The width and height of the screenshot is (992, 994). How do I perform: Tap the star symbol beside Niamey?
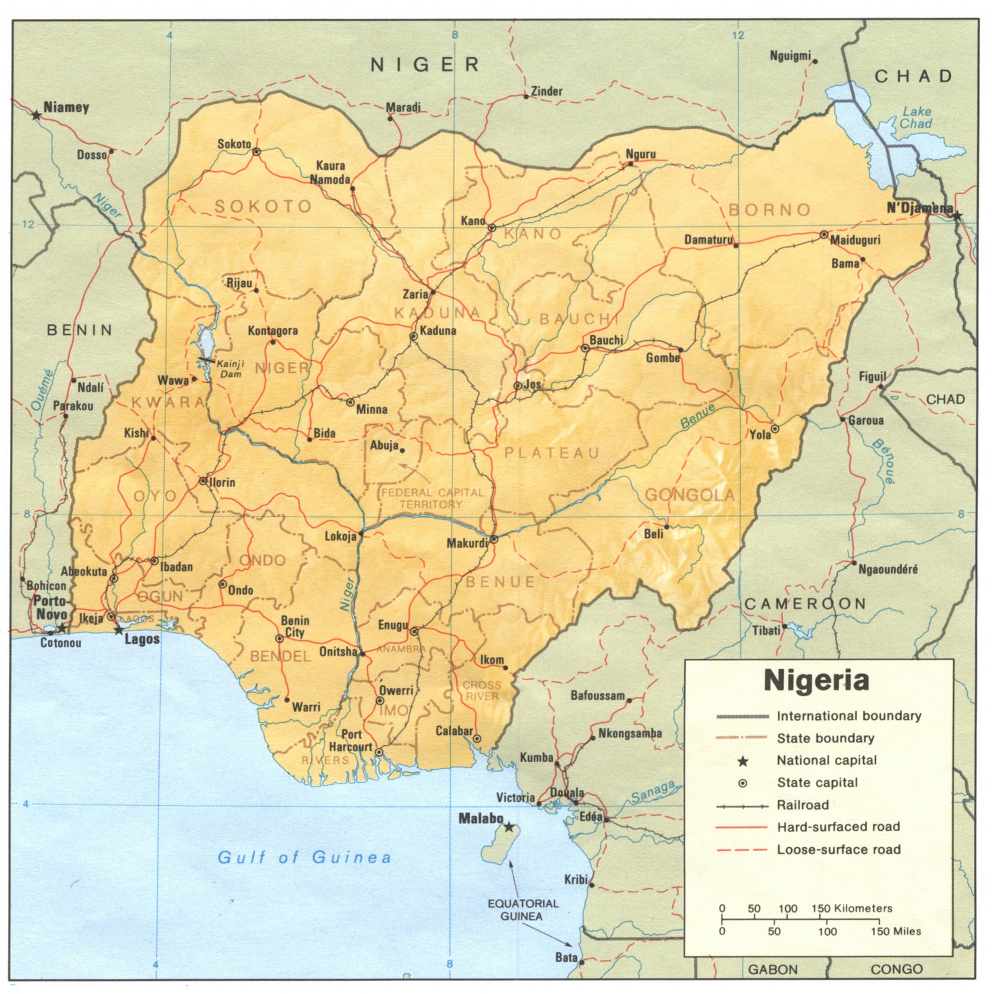(37, 115)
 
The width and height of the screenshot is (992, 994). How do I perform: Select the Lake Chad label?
(917, 117)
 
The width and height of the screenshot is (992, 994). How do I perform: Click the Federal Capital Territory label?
(432, 498)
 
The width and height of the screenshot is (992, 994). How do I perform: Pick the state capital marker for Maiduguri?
(824, 235)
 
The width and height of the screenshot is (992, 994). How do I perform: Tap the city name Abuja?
(384, 445)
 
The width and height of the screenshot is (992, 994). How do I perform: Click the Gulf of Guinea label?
(304, 858)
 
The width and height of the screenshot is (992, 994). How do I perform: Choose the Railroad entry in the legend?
(802, 805)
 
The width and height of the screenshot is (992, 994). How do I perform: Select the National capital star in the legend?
(742, 761)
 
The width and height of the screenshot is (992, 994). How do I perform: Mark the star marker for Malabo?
(509, 827)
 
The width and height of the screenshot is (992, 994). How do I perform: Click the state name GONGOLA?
(690, 495)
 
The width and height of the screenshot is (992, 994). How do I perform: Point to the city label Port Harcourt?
(351, 741)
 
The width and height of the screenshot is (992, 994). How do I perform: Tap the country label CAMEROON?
(805, 603)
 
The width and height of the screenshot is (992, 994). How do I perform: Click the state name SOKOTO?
(263, 206)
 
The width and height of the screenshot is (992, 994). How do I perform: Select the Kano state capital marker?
(492, 227)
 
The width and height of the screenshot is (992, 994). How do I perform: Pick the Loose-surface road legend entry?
(838, 849)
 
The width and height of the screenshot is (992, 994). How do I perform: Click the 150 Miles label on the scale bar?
(896, 931)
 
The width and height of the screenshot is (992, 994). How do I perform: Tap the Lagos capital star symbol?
(118, 630)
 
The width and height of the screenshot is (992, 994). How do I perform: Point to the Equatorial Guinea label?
(523, 910)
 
